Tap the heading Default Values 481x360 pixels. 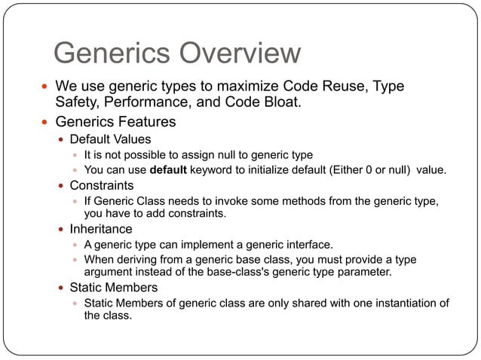click(x=110, y=139)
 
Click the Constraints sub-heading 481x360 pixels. click(x=102, y=185)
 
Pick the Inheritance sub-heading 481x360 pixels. click(x=101, y=229)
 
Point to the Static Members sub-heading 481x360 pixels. click(x=113, y=288)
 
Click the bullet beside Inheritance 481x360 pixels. click(x=61, y=230)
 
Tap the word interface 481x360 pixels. click(x=308, y=244)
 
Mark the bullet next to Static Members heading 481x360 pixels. click(x=61, y=288)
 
